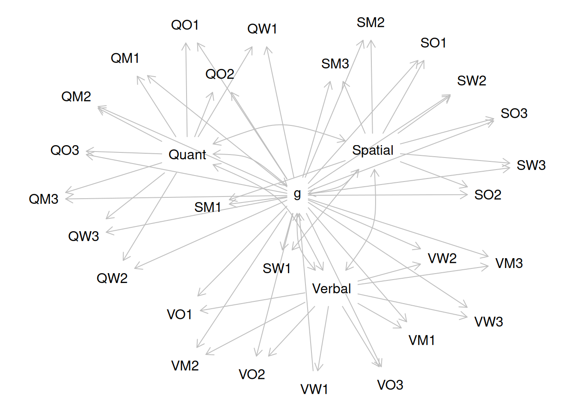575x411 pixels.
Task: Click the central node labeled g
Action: pos(297,194)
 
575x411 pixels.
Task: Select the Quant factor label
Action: pos(187,155)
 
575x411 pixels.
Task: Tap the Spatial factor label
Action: pos(373,150)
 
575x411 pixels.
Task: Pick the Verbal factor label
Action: pos(332,289)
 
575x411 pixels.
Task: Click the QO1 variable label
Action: pos(185,25)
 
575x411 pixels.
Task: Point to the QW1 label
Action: pos(262,29)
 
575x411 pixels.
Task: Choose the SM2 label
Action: pos(370,23)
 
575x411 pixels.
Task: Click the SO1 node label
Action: pos(433,43)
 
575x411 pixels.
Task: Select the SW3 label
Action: pos(531,165)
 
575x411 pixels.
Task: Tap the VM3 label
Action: pos(509,263)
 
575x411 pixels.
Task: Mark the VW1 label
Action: pos(314,389)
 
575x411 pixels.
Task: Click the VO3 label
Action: pos(390,385)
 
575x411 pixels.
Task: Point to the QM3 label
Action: pos(44,199)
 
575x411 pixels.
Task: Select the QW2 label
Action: pos(112,278)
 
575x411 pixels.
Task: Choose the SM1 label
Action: pos(207,208)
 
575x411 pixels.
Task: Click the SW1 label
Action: pos(276,268)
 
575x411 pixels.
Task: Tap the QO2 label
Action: pos(220,74)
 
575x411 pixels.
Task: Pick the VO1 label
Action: pos(179,315)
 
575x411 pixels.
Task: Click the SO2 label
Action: pos(488,195)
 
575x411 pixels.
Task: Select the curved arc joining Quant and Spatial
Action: pos(280,125)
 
